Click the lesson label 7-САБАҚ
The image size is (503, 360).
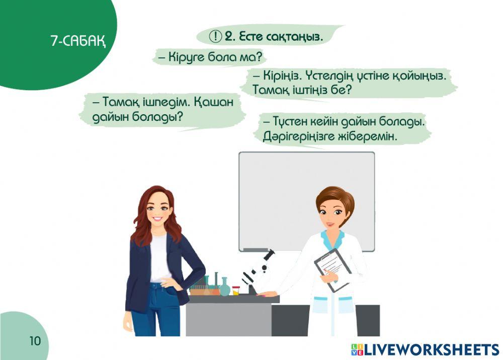(x=78, y=41)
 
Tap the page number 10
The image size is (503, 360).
(x=35, y=341)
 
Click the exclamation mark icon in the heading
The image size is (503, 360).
(x=215, y=36)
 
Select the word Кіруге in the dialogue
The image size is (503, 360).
(x=187, y=57)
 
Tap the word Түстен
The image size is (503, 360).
(x=292, y=122)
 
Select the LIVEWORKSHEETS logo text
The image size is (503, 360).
(x=426, y=349)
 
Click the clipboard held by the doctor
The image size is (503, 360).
(x=332, y=270)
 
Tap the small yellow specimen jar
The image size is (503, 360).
(x=236, y=290)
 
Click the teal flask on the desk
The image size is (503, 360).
(x=224, y=287)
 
